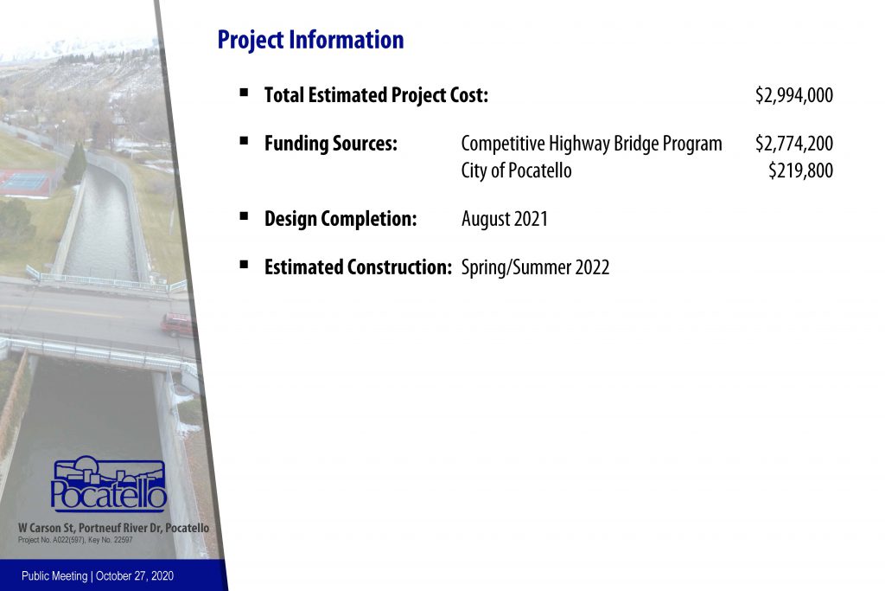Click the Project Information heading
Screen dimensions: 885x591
coord(310,40)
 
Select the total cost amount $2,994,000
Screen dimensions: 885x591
coord(794,95)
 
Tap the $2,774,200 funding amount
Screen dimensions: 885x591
coord(794,144)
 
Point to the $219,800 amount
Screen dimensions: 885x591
coord(800,170)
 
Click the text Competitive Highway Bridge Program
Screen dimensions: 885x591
coord(591,145)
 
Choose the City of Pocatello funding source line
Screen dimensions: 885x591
coord(517,170)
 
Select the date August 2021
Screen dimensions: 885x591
coord(505,219)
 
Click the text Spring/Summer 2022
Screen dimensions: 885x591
coord(535,267)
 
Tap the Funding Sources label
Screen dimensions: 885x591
coord(331,144)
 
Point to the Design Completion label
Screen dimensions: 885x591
coord(341,219)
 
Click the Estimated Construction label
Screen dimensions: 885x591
coord(358,267)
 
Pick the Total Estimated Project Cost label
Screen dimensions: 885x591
coord(376,95)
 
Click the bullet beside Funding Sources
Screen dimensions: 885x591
coord(244,141)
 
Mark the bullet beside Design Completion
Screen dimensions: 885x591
coord(244,215)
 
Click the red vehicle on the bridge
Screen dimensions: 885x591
coord(176,324)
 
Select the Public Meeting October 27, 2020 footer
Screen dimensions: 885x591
coord(98,576)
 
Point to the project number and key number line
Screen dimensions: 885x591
coord(75,540)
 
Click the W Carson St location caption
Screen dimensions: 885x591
coord(113,528)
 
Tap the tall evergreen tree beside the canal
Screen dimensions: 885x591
coord(75,164)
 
